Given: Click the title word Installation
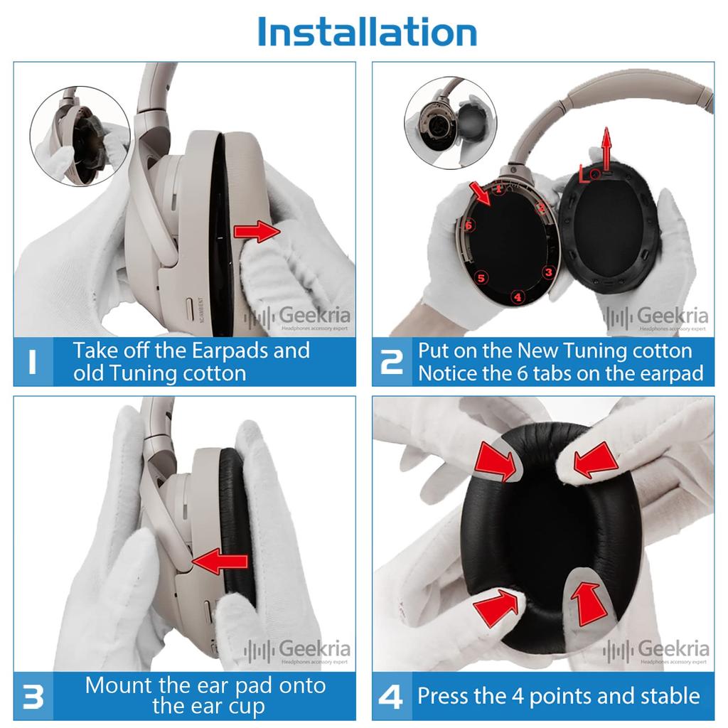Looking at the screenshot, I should (x=367, y=32).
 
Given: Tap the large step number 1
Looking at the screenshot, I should (x=33, y=362).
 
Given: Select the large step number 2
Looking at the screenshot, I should (x=391, y=362).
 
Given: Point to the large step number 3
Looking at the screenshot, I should (x=33, y=697).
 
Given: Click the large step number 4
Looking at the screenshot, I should (x=391, y=697).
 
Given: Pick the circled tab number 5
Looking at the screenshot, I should (x=481, y=278).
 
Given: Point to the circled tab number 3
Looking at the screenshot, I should (x=547, y=272).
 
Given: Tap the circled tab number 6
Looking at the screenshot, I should (x=469, y=225).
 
